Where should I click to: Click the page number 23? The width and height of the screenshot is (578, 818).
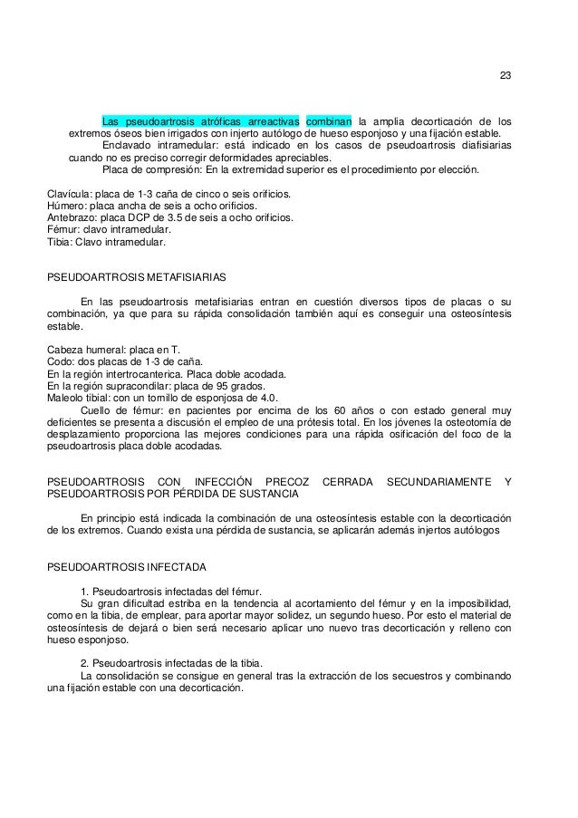click(505, 75)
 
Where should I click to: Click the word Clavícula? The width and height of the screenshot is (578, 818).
click(68, 194)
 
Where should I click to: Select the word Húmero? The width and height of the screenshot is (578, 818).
click(66, 207)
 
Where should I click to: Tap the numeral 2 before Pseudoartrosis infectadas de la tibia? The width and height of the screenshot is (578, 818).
click(84, 663)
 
